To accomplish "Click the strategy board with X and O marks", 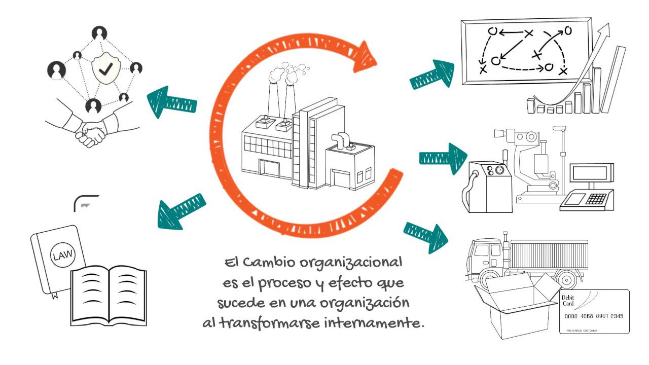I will [525, 51].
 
